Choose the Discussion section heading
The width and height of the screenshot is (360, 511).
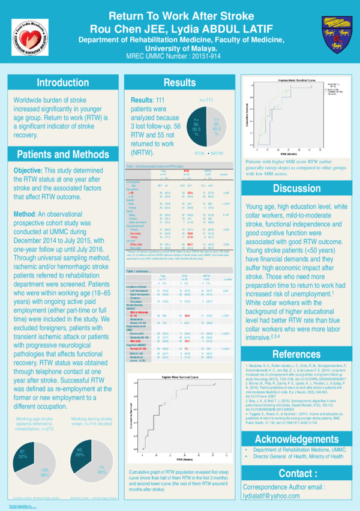(x=297, y=189)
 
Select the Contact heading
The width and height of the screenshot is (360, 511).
(x=297, y=474)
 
